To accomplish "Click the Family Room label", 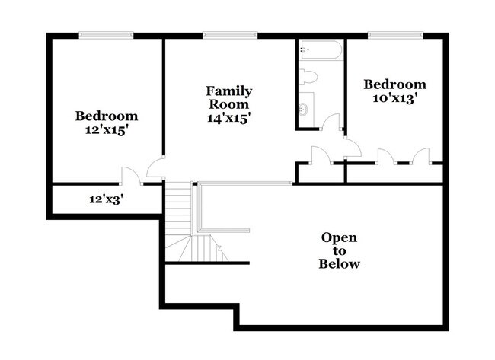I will tap(228, 97).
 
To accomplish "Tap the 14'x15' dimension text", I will tap(228, 118).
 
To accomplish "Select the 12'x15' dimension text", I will tap(106, 130).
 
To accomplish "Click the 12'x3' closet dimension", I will tap(106, 199).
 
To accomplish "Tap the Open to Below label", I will tap(340, 250).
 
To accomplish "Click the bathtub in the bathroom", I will tap(321, 52).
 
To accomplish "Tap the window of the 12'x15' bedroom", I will tap(106, 34).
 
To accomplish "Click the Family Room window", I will tap(229, 34).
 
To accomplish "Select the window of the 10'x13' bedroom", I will tap(395, 34).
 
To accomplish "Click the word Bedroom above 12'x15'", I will tap(106, 116).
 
